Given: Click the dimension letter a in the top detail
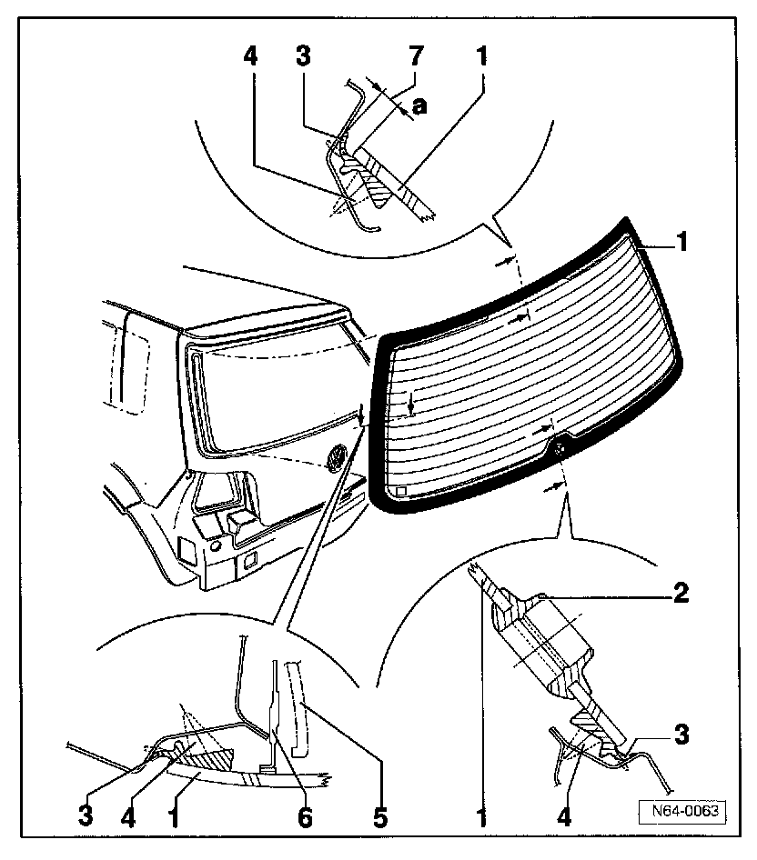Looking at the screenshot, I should click(419, 106).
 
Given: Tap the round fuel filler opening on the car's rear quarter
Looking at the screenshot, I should click(216, 547).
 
